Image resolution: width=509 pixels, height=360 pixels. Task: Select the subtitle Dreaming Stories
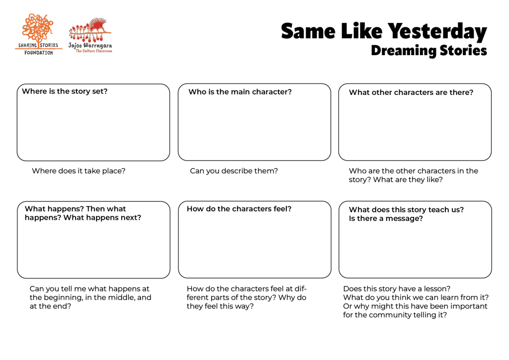click(x=428, y=50)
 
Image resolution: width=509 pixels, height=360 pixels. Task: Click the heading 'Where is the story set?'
click(x=65, y=91)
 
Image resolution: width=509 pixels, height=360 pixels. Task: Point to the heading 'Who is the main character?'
click(x=240, y=92)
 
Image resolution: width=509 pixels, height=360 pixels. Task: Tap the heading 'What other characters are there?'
click(x=411, y=92)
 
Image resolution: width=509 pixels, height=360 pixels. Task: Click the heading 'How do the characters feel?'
click(x=239, y=209)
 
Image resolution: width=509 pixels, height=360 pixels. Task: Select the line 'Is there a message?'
click(x=386, y=218)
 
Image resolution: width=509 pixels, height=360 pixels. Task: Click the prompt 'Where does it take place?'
click(x=79, y=171)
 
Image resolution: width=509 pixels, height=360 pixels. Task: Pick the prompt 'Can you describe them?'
click(x=234, y=171)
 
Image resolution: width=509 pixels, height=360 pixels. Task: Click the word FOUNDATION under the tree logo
click(x=39, y=52)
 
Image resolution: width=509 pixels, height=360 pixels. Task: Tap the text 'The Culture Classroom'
click(x=93, y=51)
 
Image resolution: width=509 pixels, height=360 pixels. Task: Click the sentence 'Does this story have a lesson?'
click(x=397, y=289)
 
